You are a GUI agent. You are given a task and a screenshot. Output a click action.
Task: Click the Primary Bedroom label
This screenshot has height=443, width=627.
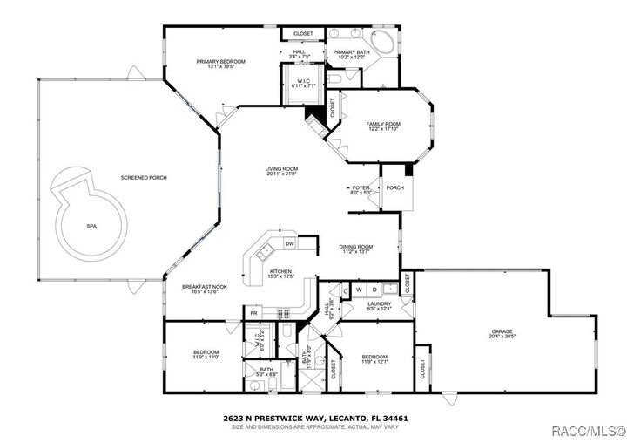coord(220,61)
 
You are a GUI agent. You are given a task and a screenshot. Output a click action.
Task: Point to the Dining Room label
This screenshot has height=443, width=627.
coord(355,247)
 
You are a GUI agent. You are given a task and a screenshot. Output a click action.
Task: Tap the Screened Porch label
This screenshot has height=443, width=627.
coord(144,178)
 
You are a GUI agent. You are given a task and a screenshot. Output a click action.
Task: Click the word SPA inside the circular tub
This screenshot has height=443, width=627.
coord(91,225)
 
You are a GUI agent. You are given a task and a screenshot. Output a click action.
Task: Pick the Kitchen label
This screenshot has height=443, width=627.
coord(280,271)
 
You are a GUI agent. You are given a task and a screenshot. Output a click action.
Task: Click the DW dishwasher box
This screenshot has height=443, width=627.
coord(289,243)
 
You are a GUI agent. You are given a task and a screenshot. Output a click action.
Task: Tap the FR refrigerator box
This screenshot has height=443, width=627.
coord(254,312)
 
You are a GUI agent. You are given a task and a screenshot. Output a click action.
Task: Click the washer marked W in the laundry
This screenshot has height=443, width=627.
coord(360,290)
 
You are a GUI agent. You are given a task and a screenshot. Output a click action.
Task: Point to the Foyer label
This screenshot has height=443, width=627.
coord(361,187)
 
